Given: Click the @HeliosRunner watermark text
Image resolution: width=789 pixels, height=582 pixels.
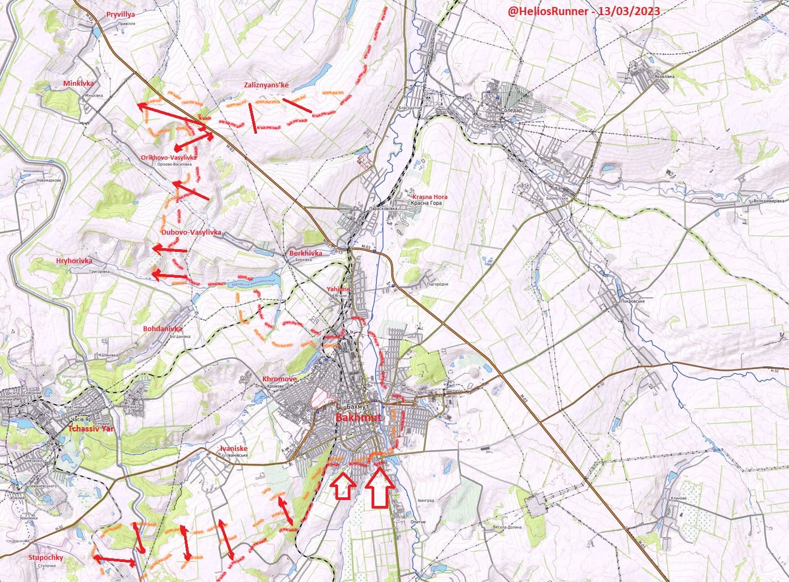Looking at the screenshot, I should (x=583, y=11).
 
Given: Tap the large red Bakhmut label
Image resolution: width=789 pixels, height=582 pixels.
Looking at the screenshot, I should (x=358, y=418).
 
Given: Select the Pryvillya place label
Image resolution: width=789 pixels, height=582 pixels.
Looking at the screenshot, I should (x=121, y=15).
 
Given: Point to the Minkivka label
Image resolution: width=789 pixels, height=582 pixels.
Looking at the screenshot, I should (x=78, y=84).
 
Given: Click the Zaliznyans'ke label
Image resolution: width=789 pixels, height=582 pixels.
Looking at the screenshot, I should (x=266, y=85).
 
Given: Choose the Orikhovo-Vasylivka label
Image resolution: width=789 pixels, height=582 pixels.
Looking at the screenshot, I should (x=168, y=157).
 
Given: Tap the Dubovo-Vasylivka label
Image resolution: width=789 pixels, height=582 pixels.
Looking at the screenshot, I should (x=191, y=232).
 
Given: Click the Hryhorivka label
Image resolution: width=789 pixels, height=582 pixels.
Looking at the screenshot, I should (x=74, y=261).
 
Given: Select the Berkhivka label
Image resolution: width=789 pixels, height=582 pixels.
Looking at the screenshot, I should (x=306, y=253).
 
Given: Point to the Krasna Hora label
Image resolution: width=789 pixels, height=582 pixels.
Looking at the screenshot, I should (x=430, y=197).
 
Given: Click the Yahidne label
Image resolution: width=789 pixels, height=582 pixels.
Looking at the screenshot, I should (x=338, y=289).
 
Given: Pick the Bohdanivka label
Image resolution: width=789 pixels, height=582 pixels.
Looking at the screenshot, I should (x=163, y=328).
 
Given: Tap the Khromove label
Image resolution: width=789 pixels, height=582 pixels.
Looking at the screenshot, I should (x=279, y=379).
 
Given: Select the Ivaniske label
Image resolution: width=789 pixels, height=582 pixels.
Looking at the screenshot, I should (x=234, y=448).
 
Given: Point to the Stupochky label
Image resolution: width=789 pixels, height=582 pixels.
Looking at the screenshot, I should (x=45, y=557).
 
